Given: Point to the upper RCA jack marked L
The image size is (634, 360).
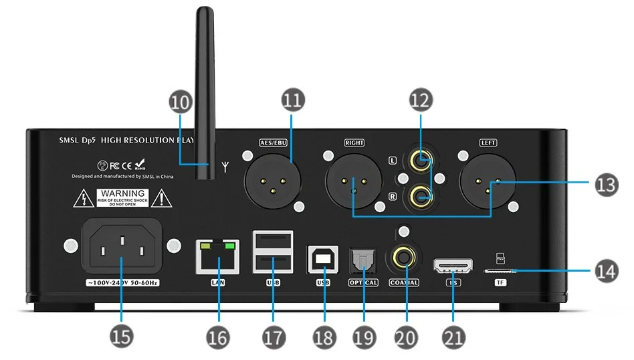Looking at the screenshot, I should [x=421, y=161].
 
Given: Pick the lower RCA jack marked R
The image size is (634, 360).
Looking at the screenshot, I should [x=421, y=196].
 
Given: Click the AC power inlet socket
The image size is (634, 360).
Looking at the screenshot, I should [x=121, y=248].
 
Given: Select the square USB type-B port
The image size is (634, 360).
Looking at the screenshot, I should [x=323, y=258].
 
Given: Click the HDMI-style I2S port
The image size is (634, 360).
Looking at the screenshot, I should [x=453, y=266].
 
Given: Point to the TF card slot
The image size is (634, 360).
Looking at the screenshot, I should [x=500, y=270].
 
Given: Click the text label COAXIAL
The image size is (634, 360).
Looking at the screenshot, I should [x=404, y=282].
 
